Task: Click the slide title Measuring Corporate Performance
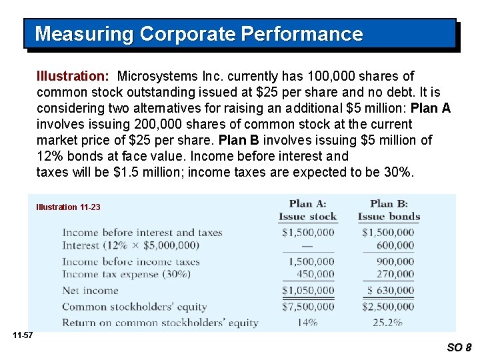click(x=199, y=34)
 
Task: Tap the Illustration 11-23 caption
click(x=68, y=207)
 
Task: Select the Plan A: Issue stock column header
click(x=307, y=209)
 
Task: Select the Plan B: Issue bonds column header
click(x=389, y=209)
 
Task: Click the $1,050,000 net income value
click(x=307, y=290)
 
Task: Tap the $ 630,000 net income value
click(x=390, y=290)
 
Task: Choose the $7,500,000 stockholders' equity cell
click(x=307, y=307)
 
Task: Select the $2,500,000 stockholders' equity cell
click(x=388, y=307)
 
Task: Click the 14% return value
click(x=307, y=323)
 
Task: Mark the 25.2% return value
click(x=389, y=323)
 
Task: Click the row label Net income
click(x=90, y=291)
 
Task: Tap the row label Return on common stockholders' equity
click(x=160, y=323)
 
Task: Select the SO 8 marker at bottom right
click(x=459, y=347)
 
